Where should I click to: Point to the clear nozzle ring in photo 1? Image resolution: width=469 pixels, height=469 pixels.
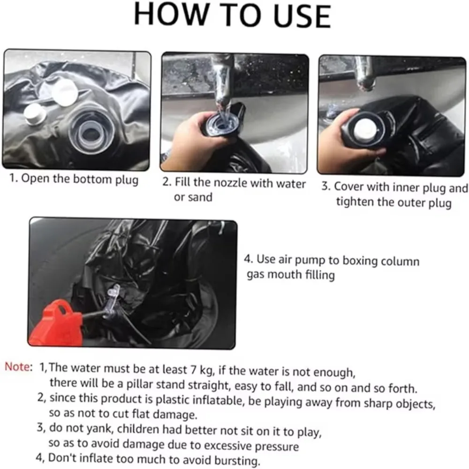[90, 132]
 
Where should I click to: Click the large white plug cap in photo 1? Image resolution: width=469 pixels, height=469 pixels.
[65, 92]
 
